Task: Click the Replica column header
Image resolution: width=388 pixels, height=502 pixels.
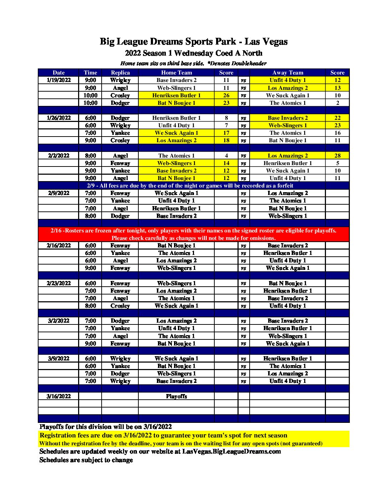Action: point(120,73)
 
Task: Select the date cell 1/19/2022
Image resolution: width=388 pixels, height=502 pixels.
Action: point(58,80)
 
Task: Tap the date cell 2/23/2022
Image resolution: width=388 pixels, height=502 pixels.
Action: point(58,283)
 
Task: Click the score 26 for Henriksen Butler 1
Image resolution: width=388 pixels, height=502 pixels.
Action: point(226,96)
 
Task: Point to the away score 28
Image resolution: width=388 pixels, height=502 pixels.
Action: point(337,156)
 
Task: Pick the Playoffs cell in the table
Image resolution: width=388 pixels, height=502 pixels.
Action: point(176,396)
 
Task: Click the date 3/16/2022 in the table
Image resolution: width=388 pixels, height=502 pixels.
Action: point(58,396)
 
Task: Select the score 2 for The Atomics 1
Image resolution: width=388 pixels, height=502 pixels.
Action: point(337,103)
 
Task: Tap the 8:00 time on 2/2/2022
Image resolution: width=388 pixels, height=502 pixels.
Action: point(90,156)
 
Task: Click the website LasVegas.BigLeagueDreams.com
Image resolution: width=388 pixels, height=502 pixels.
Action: point(231,451)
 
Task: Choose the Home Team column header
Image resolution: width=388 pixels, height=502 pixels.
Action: point(176,73)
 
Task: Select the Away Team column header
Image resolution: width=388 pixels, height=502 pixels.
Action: point(287,73)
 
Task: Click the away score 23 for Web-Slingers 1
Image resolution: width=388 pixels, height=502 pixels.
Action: point(337,125)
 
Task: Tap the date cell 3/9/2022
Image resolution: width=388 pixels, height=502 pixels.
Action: point(58,359)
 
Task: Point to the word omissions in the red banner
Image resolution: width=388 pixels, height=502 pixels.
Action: point(262,238)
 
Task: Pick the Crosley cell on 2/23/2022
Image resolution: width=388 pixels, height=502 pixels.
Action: point(120,306)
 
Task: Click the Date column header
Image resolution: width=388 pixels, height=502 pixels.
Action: point(58,73)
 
